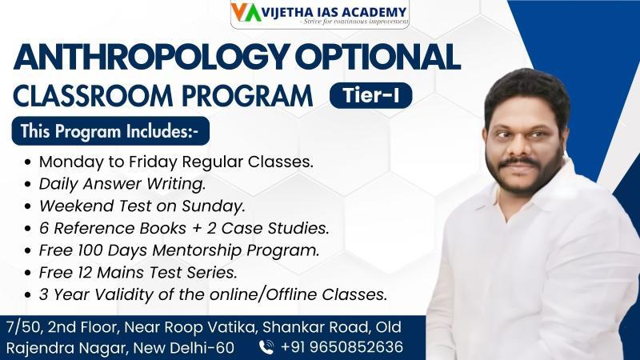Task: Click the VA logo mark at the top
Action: (x=246, y=12)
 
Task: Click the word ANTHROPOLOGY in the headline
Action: (x=151, y=57)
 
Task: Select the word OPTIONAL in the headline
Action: (x=378, y=56)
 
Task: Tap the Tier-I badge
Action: (x=370, y=95)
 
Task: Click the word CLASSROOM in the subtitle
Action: (x=93, y=95)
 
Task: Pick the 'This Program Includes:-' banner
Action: (x=110, y=131)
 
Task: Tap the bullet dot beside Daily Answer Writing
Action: (x=28, y=184)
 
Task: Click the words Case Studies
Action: (x=275, y=228)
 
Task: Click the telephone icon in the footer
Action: (x=266, y=347)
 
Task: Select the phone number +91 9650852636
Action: (x=342, y=347)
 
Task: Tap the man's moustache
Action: (x=519, y=162)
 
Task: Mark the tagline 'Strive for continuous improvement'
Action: (x=355, y=22)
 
